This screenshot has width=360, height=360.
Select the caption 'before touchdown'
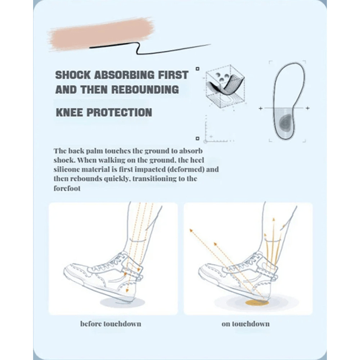click(111, 324)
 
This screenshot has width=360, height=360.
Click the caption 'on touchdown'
click(246, 324)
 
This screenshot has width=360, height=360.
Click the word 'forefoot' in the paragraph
click(67, 188)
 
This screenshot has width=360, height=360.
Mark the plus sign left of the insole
click(260, 108)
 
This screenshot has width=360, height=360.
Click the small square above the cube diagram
click(197, 68)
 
